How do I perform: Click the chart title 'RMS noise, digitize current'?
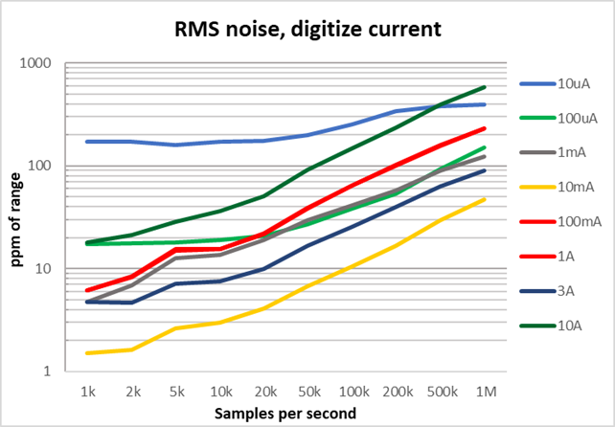pos(307,29)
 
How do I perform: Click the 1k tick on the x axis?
pos(87,392)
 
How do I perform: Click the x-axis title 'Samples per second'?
pos(285,414)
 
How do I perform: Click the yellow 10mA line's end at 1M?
pos(486,199)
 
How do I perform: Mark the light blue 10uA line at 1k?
pos(87,142)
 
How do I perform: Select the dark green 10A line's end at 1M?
pos(486,87)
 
